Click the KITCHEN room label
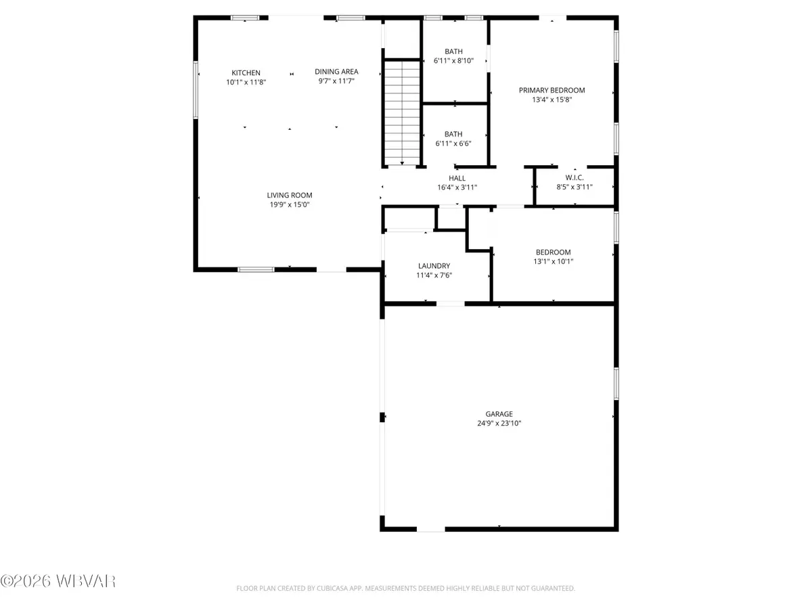tap(246, 72)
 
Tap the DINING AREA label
tap(336, 72)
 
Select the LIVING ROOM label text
tap(289, 195)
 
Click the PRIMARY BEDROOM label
tap(551, 90)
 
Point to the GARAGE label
tap(499, 414)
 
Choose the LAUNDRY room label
tap(434, 266)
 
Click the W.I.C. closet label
tap(574, 178)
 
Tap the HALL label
tap(457, 179)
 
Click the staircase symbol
tap(401, 112)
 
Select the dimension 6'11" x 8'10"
tap(453, 61)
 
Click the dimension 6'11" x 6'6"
tap(453, 143)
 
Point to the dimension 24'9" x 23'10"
tap(499, 424)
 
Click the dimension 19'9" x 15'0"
tap(289, 204)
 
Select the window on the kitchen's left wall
tap(196, 90)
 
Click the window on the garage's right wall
tap(616, 384)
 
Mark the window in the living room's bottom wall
tap(256, 269)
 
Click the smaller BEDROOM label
tap(553, 252)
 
